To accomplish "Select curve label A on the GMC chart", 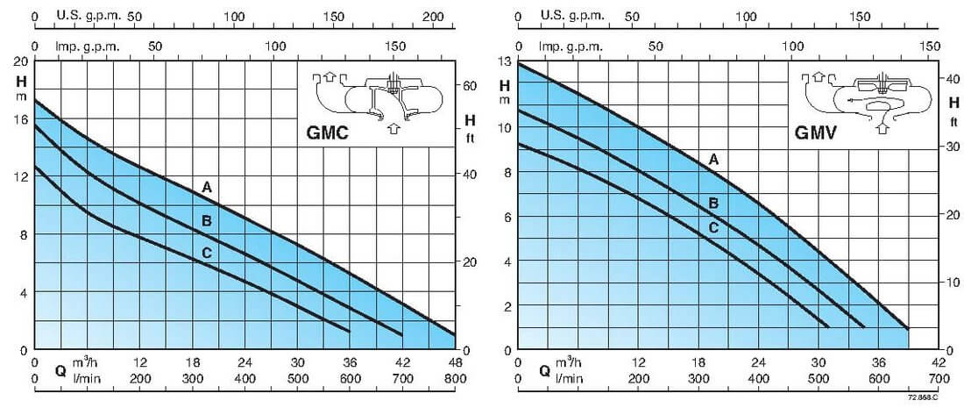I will (x=207, y=187).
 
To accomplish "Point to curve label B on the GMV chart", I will (x=713, y=204).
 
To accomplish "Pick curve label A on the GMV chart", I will (x=713, y=159).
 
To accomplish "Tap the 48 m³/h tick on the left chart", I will (x=455, y=363).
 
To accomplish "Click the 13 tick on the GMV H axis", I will (x=504, y=60).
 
